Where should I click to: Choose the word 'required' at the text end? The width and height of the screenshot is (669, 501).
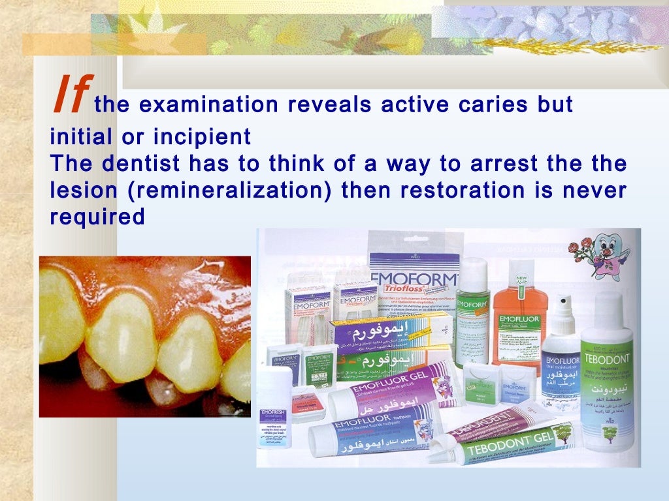[97, 217]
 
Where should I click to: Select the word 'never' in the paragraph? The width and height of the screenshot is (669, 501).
[596, 190]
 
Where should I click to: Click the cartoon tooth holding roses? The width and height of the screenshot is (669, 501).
[598, 254]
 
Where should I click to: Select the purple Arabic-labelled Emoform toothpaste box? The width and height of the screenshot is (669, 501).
[392, 329]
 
